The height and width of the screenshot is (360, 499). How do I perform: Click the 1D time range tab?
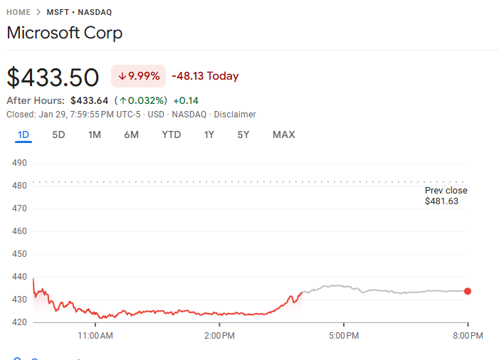(x=23, y=134)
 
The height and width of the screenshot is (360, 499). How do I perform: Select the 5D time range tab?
(x=59, y=134)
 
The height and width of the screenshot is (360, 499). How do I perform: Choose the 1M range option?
(x=95, y=134)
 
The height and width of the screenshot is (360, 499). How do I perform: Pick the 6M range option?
(x=131, y=134)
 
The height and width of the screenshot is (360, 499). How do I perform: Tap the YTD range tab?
(x=172, y=134)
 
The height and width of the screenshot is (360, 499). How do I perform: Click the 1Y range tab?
(x=209, y=134)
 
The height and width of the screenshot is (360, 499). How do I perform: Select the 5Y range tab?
(x=243, y=134)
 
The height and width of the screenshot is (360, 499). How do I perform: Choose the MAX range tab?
(x=283, y=134)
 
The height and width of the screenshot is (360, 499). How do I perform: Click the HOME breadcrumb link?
(x=19, y=12)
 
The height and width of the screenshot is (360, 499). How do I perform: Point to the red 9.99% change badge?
(x=139, y=76)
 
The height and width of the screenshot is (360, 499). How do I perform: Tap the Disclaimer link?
(x=235, y=115)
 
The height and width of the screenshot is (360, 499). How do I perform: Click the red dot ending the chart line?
(x=468, y=291)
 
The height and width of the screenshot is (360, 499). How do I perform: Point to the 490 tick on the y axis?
(x=19, y=163)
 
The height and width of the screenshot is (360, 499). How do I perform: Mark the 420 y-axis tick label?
(x=19, y=322)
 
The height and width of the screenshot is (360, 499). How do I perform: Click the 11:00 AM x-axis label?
(x=95, y=335)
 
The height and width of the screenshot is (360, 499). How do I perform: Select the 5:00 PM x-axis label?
(x=343, y=335)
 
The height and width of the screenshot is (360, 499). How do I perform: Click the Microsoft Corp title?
(x=64, y=33)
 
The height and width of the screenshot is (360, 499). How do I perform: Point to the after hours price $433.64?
(x=89, y=100)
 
